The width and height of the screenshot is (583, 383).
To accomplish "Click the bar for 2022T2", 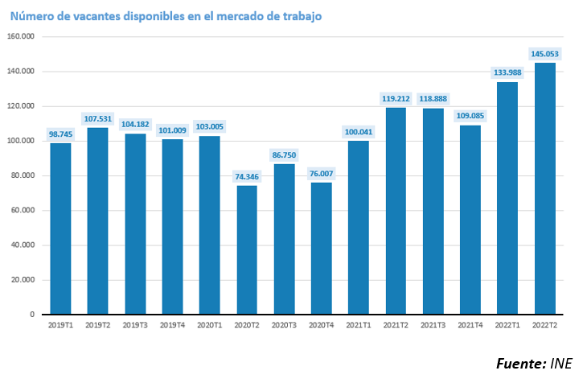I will pos(544,188).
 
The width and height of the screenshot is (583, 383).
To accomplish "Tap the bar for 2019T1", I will pos(60,229).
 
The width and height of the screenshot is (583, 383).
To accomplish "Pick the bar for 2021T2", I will pos(396,211).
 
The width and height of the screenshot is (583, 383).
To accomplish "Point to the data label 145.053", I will pos(544,54).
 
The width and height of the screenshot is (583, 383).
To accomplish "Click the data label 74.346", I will pos(247,177).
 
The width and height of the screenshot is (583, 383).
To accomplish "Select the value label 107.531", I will pos(98,118).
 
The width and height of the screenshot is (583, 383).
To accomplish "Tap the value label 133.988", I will pos(507,73).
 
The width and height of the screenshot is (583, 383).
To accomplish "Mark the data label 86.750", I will pos(284,155).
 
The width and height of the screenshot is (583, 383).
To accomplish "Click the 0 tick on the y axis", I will pos(31,315).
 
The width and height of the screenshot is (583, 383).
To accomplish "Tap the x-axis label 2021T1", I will pos(359,324).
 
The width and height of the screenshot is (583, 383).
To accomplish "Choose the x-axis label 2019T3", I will pos(135,324).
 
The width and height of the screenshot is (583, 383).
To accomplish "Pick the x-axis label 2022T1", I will pos(507,324).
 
